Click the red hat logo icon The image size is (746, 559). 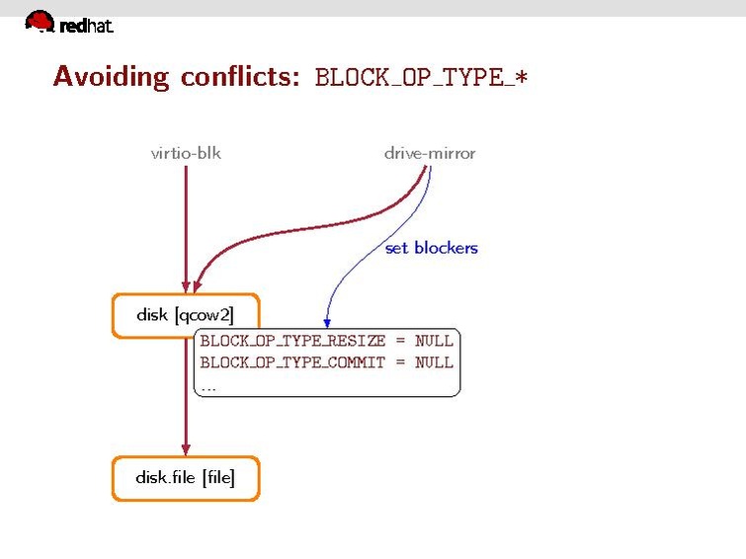pyautogui.click(x=40, y=21)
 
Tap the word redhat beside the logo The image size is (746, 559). pyautogui.click(x=87, y=26)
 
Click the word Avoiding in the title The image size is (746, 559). pyautogui.click(x=111, y=76)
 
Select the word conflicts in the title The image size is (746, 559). pyautogui.click(x=240, y=76)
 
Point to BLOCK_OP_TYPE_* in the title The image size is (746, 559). pyautogui.click(x=421, y=77)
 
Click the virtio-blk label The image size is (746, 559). pyautogui.click(x=186, y=153)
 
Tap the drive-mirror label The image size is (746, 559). pyautogui.click(x=430, y=153)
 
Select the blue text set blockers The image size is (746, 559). pyautogui.click(x=432, y=248)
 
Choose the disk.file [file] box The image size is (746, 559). pyautogui.click(x=186, y=479)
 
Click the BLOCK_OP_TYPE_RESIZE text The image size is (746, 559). pyautogui.click(x=292, y=341)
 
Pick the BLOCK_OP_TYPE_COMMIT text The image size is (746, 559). pyautogui.click(x=292, y=362)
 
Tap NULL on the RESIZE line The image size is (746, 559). pyautogui.click(x=434, y=341)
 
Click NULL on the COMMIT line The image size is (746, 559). pyautogui.click(x=434, y=362)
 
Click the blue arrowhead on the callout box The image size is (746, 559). pyautogui.click(x=327, y=323)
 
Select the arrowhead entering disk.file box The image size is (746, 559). pyautogui.click(x=186, y=449)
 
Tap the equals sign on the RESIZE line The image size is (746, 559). pyautogui.click(x=400, y=341)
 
